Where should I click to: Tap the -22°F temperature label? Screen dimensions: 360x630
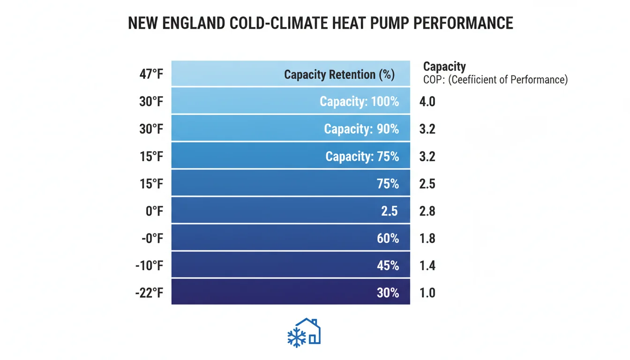[x=149, y=293]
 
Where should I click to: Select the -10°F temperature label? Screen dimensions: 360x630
[x=149, y=266]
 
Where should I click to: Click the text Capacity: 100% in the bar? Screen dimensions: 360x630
[x=359, y=101]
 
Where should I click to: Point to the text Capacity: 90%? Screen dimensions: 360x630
[x=361, y=129]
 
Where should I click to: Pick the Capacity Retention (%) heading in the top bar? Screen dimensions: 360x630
[x=339, y=75]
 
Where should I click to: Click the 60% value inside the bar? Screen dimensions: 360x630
[x=388, y=239]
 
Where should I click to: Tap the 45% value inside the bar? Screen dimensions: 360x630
[x=388, y=266]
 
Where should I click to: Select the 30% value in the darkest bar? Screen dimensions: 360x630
[x=388, y=293]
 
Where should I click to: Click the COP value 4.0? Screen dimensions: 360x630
[x=427, y=101]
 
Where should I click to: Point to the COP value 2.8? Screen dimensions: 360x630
[x=427, y=211]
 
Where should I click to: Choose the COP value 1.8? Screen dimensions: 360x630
[x=427, y=239]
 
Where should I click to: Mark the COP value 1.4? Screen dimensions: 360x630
[x=427, y=266]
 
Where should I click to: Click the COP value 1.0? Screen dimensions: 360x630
[x=427, y=293]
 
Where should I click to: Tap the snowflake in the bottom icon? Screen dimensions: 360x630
[x=296, y=337]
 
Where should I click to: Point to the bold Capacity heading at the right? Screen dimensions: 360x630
[x=444, y=67]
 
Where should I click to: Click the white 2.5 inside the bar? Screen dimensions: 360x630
[x=389, y=211]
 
